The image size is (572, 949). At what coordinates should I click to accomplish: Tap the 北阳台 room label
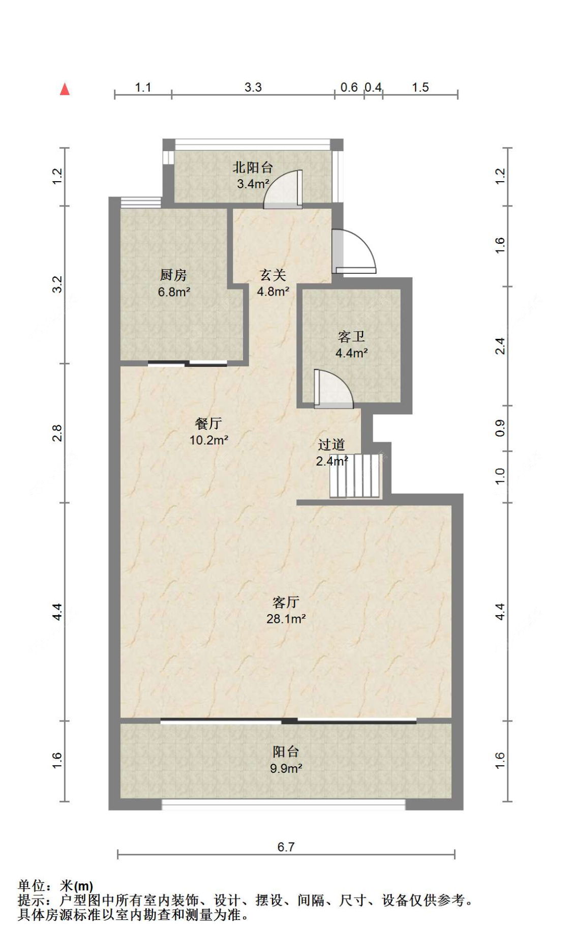point(253,167)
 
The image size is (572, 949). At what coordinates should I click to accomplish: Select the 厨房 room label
point(173,275)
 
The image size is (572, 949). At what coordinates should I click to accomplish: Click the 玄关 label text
point(273,275)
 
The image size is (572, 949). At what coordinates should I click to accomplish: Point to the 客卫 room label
point(351,336)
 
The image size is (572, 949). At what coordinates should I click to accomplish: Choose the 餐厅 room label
point(208,423)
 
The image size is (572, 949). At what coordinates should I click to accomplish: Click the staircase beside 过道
point(355,475)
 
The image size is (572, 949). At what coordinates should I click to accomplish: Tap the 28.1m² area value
point(286,619)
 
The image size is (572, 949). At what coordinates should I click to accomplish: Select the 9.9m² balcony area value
point(286,768)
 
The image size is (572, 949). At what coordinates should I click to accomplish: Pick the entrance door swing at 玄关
point(354,251)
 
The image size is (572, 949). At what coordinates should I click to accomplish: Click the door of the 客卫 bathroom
point(334,388)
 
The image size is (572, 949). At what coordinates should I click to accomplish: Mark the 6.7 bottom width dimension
point(286,847)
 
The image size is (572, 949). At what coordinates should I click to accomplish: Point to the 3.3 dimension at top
point(253,87)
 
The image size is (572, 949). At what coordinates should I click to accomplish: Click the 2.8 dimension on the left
point(57,433)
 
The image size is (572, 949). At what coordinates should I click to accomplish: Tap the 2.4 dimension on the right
point(500,346)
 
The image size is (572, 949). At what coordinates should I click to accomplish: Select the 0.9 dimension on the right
point(500,428)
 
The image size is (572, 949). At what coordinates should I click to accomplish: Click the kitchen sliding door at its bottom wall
point(188,363)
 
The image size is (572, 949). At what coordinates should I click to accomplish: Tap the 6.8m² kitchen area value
point(174,292)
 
